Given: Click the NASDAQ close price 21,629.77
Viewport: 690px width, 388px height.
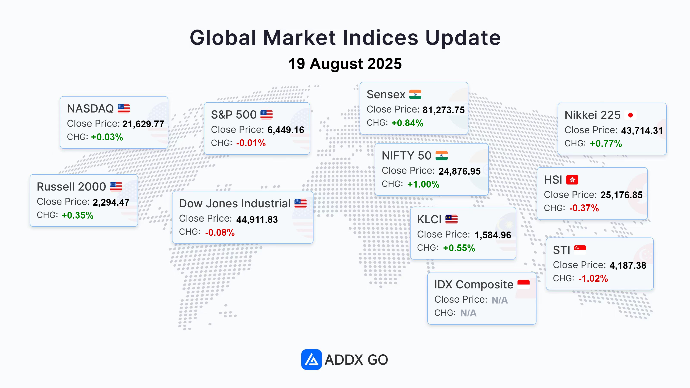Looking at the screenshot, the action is (143, 124).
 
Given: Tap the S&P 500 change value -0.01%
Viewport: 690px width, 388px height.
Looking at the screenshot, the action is (251, 143).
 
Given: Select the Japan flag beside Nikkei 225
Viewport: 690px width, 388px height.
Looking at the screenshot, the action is (630, 115).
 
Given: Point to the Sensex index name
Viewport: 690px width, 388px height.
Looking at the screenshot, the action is (386, 95).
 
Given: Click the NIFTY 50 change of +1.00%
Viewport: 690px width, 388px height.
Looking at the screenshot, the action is (423, 184).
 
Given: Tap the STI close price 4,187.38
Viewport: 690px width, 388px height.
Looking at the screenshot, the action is (628, 266).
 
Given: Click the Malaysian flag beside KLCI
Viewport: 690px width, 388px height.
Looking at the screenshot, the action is (451, 219).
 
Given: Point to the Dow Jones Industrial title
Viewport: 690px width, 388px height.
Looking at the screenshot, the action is (235, 203).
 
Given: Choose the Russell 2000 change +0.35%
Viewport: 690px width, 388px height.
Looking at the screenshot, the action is (77, 215).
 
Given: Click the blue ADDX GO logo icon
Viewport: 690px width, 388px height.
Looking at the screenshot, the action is (311, 359).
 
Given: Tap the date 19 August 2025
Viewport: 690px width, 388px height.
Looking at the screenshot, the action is (345, 64).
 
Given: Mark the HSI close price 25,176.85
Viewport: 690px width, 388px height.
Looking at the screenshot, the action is (621, 195).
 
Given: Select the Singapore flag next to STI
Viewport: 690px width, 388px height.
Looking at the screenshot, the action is (580, 250).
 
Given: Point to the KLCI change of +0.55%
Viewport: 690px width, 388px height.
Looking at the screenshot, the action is (459, 248).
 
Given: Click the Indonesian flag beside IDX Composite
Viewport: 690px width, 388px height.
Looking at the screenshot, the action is (523, 284).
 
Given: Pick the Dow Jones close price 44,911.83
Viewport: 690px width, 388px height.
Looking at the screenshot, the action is (257, 220).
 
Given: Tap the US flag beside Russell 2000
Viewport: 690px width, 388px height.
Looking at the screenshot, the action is (116, 187).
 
